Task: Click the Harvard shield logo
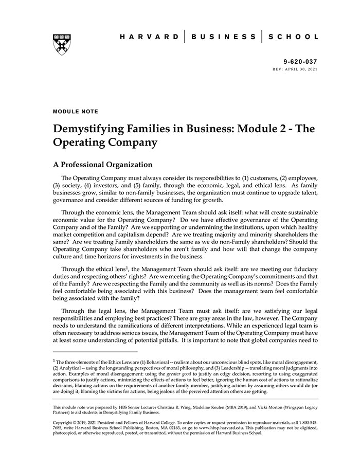pyautogui.click(x=62, y=44)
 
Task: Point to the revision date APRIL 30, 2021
pyautogui.click(x=301, y=69)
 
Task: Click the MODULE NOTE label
pyautogui.click(x=76, y=111)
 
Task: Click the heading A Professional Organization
pyautogui.click(x=103, y=165)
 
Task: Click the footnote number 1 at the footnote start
pyautogui.click(x=54, y=362)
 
